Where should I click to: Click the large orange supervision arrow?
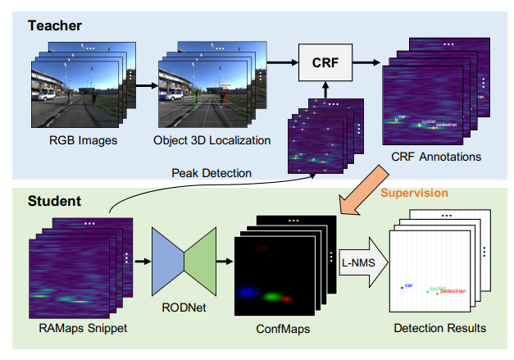[x=361, y=189]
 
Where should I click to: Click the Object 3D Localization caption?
[x=212, y=140]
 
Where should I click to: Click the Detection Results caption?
[x=440, y=328]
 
